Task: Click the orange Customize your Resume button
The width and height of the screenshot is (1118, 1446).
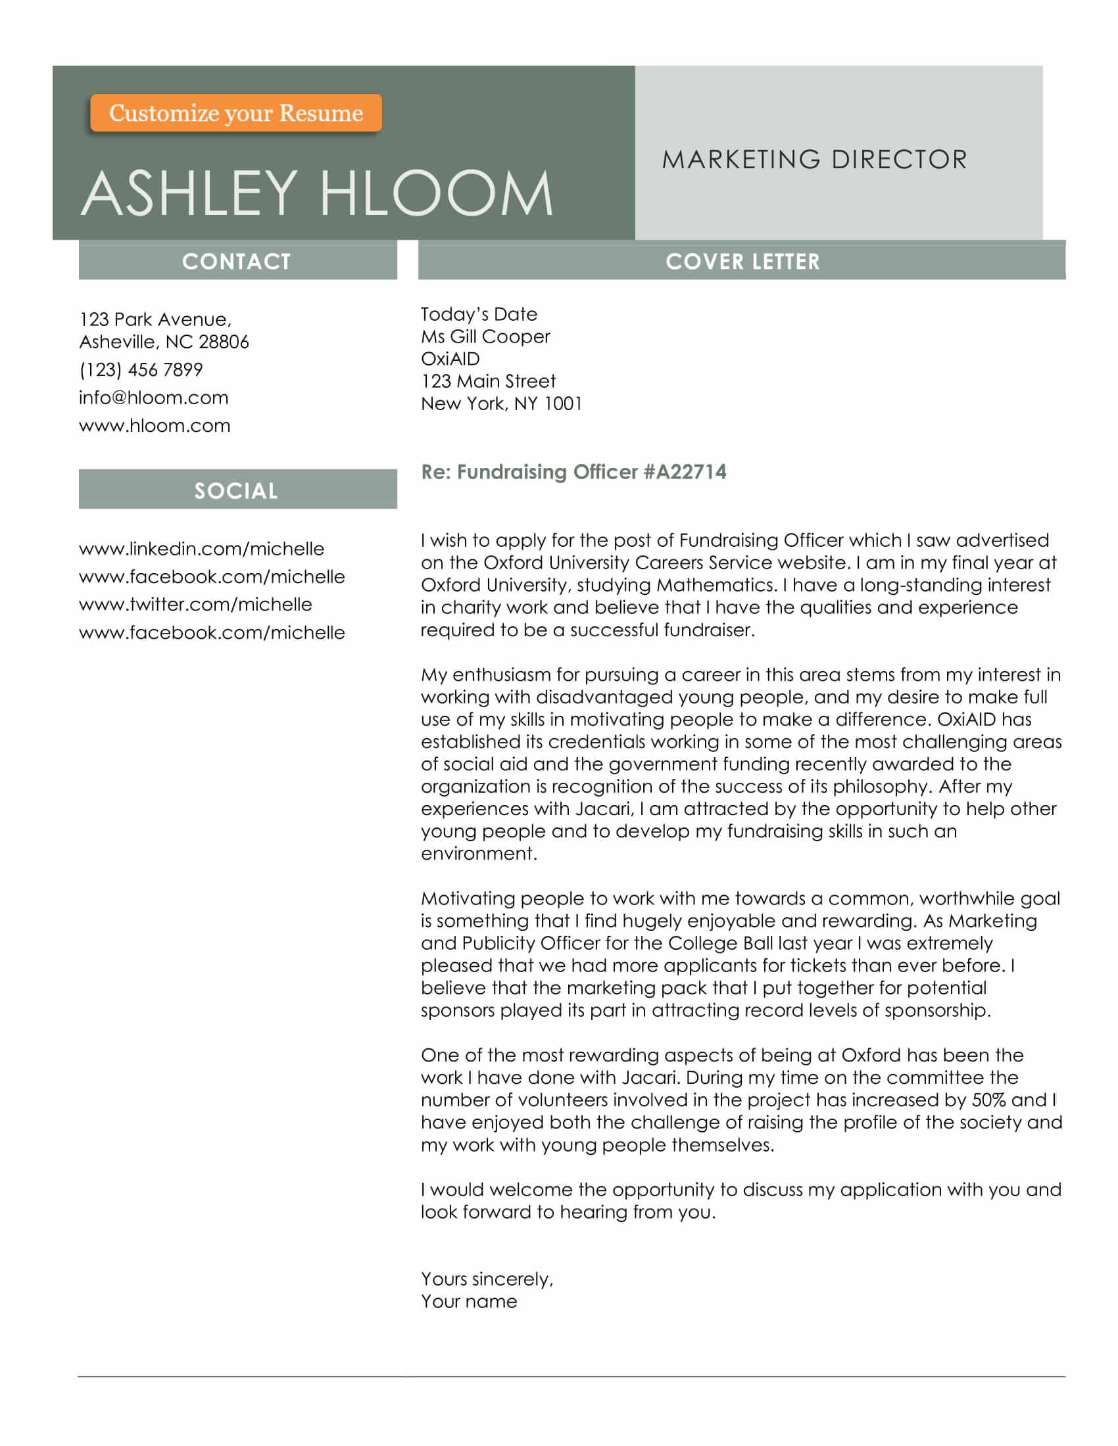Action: [x=236, y=113]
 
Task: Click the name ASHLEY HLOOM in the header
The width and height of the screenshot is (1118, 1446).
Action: [x=316, y=193]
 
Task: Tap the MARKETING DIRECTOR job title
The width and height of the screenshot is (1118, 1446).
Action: [x=814, y=160]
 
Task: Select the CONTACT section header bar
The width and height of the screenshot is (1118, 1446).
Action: [x=237, y=261]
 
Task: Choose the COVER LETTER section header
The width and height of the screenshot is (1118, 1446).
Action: [x=742, y=261]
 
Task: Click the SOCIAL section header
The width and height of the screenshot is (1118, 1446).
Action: [x=237, y=490]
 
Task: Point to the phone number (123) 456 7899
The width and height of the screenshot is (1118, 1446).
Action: [x=141, y=369]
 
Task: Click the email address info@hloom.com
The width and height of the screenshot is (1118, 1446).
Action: [x=154, y=397]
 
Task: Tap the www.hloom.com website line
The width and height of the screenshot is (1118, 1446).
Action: [x=155, y=425]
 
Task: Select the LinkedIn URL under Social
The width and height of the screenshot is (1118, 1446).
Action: [x=201, y=548]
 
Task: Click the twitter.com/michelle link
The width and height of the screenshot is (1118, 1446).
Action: [x=195, y=604]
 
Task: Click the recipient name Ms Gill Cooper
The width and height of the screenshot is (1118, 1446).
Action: [x=485, y=337]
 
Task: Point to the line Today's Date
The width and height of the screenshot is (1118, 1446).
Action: [x=478, y=314]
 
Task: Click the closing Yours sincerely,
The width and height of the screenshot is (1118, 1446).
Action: [x=487, y=1278]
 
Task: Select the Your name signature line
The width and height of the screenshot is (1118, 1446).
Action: [x=469, y=1301]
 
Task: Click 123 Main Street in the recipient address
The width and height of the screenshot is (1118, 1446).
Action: [x=488, y=381]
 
